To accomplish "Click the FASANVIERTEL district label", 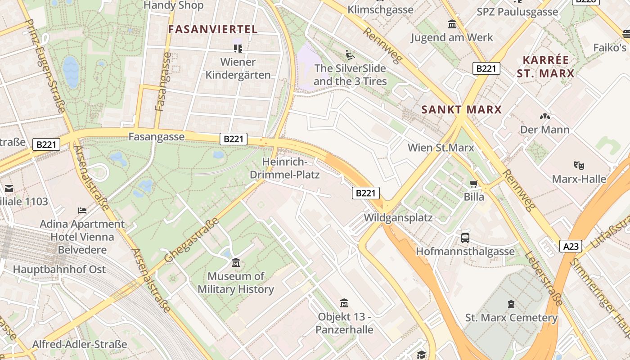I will coord(213,30).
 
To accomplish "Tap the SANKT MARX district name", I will coord(461,109).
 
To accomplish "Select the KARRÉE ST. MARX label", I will coord(545,67).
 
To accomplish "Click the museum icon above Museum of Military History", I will coord(235,262).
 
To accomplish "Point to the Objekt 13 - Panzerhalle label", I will coord(344,323).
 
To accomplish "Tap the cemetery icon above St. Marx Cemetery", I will coord(511,304).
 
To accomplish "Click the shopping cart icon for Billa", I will coord(473,184).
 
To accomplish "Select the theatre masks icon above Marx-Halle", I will coord(579,165).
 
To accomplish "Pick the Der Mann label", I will coord(544,130).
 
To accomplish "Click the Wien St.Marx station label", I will coord(441,148).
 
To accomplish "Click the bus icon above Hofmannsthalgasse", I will coord(465,238).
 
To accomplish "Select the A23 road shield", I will coord(571,246).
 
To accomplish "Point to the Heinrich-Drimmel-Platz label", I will coord(291,168).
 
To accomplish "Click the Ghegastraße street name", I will coord(192,240).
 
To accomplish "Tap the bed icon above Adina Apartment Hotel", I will coord(82,210).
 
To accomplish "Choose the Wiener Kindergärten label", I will coord(238,68).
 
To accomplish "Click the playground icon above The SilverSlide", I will coord(350,55).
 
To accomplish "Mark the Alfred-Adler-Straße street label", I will coord(80,344).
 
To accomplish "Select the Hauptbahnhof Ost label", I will coord(59,270).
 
